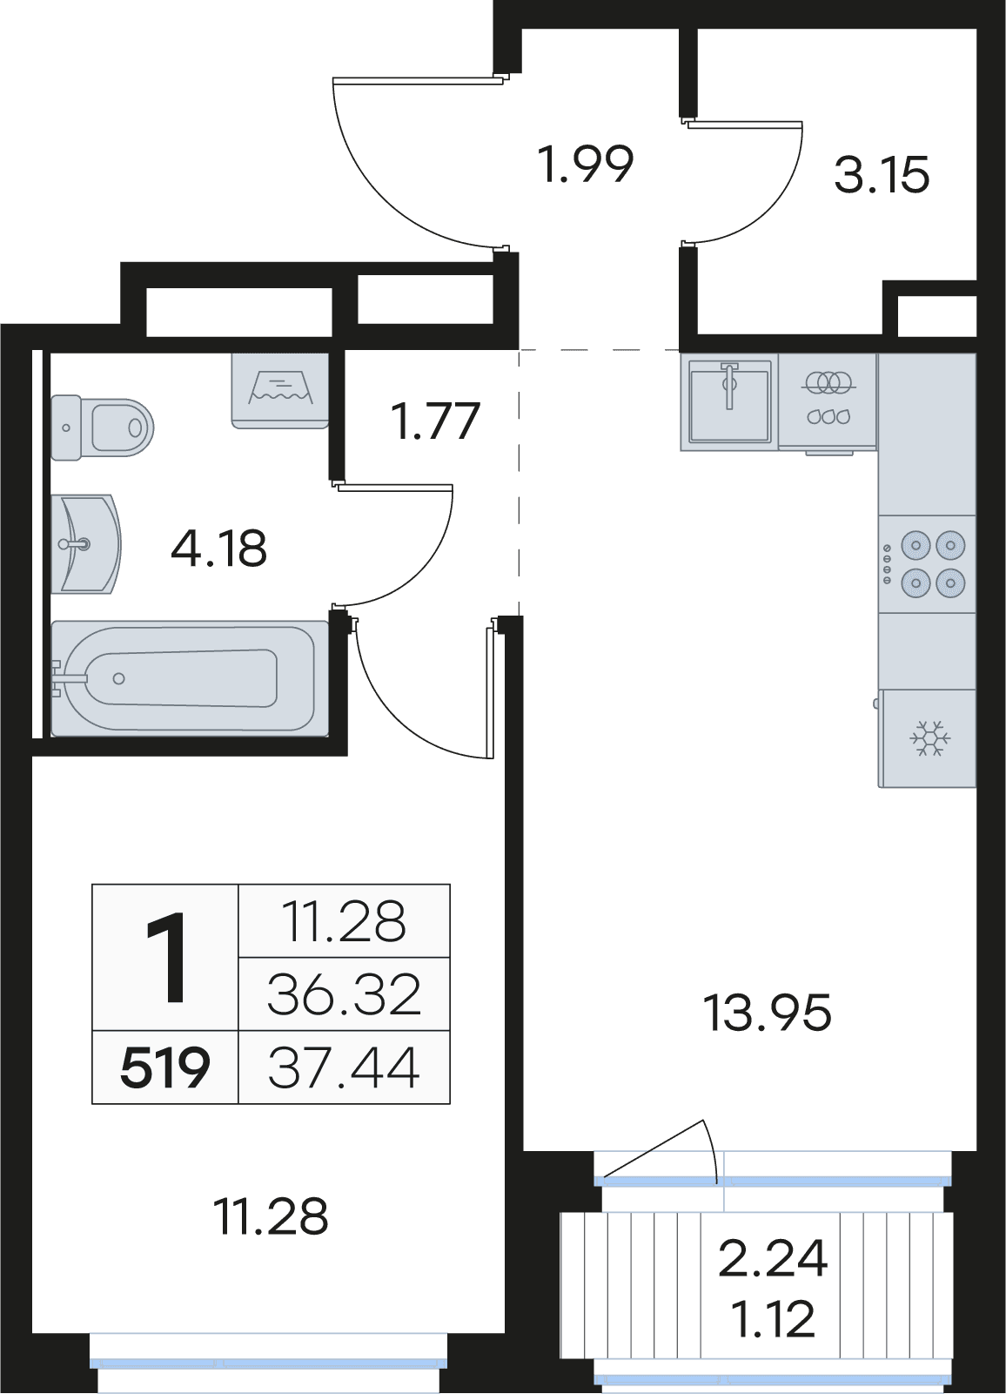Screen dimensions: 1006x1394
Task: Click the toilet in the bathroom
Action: click(102, 428)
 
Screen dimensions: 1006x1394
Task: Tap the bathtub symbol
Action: click(190, 678)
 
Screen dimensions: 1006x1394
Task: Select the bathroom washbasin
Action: click(86, 544)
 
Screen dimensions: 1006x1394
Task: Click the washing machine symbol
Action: click(280, 391)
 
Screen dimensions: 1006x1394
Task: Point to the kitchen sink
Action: click(729, 401)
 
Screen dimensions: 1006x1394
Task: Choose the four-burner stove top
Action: click(927, 564)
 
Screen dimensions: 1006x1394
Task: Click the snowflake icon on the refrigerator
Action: click(930, 739)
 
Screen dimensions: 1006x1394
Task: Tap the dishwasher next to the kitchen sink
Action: click(828, 401)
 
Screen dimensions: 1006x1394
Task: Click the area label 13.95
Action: click(767, 1014)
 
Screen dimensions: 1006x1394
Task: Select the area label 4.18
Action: click(219, 549)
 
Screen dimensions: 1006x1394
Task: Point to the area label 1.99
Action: click(587, 165)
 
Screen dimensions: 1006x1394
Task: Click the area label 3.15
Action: click(882, 174)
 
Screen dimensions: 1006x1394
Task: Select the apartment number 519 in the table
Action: click(164, 1068)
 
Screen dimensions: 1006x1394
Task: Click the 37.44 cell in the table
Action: click(344, 1068)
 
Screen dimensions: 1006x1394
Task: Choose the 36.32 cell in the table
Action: click(344, 996)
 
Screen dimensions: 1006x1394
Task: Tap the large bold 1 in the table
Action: click(165, 957)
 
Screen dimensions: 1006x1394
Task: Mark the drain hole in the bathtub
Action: click(119, 678)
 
